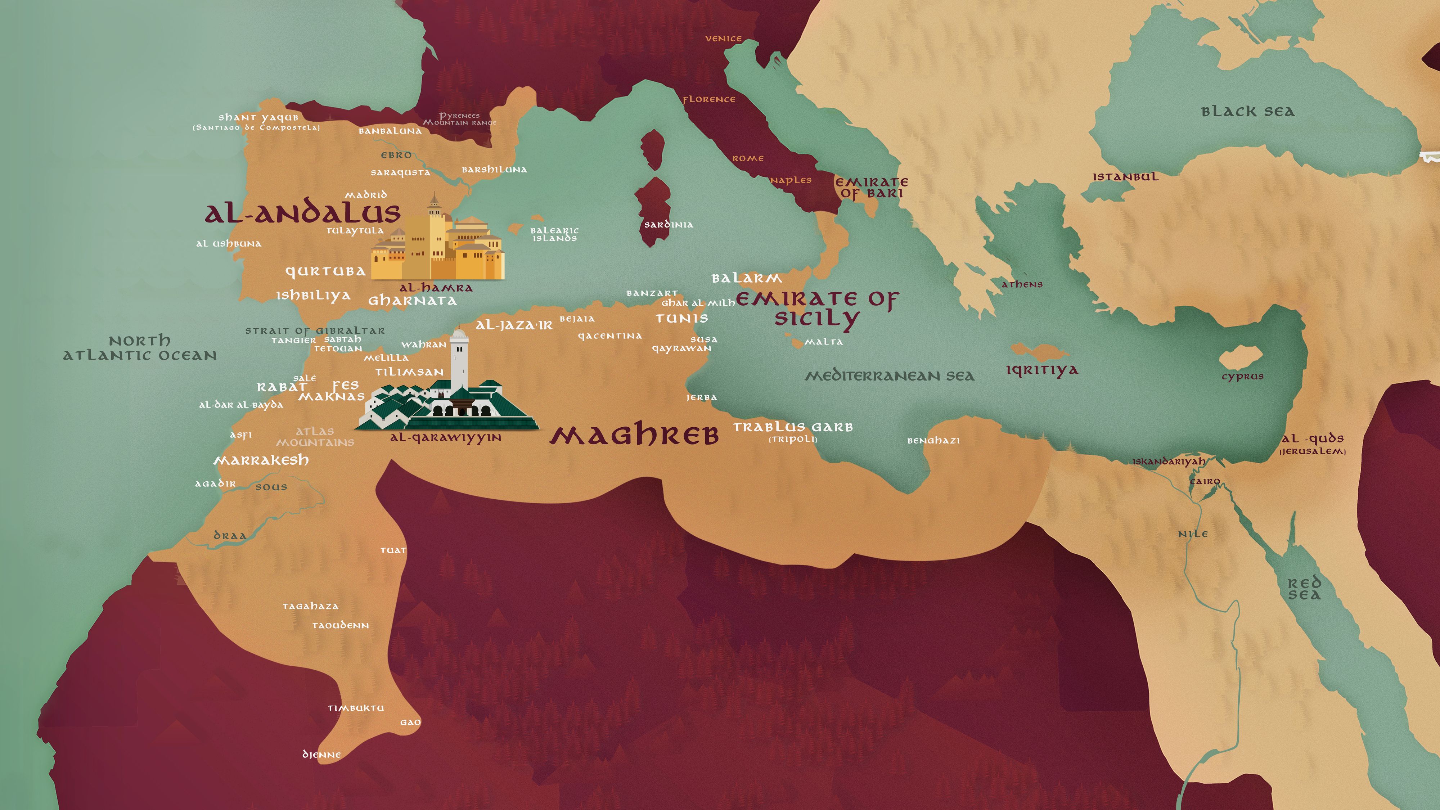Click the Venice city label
(723, 39)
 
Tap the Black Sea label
(1248, 112)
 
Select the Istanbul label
(1125, 177)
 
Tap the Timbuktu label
(356, 708)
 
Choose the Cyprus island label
(1242, 376)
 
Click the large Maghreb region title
(634, 436)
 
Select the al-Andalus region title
(302, 213)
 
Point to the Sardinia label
(669, 225)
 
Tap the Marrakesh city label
(261, 460)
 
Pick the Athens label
(1022, 284)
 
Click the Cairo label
(1205, 481)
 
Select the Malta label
(823, 342)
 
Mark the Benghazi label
(933, 441)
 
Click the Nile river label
(1193, 534)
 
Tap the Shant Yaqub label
(258, 117)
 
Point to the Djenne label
(321, 755)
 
